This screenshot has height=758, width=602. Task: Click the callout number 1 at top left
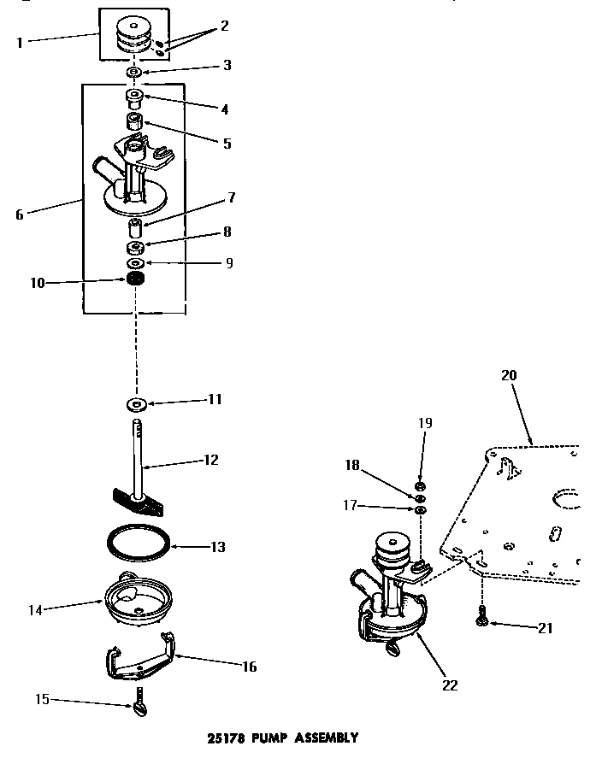click(20, 42)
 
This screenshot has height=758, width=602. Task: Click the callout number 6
click(20, 214)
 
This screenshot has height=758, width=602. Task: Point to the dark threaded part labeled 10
click(133, 279)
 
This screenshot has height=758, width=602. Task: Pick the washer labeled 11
click(135, 402)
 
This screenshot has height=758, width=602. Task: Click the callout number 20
click(509, 374)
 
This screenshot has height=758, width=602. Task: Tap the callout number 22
click(450, 685)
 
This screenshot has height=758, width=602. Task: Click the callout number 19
click(425, 423)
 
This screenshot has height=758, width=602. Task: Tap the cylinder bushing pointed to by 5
click(134, 122)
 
